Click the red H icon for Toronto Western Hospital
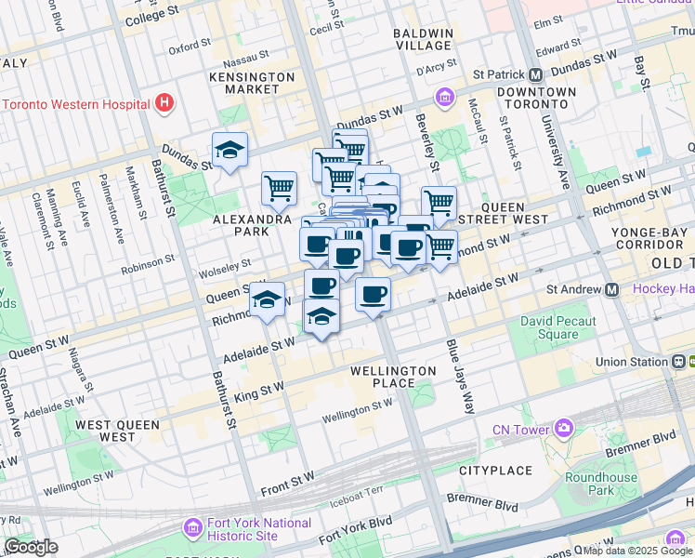pyautogui.click(x=165, y=102)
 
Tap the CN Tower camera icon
pyautogui.click(x=563, y=428)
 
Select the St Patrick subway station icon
pyautogui.click(x=536, y=74)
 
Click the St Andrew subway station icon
pyautogui.click(x=612, y=289)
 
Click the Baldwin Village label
pyautogui.click(x=423, y=39)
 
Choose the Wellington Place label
pyautogui.click(x=393, y=377)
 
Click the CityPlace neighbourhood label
pyautogui.click(x=494, y=472)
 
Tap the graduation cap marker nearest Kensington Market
pyautogui.click(x=229, y=149)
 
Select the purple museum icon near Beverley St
pyautogui.click(x=444, y=97)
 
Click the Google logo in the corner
pyautogui.click(x=32, y=547)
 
